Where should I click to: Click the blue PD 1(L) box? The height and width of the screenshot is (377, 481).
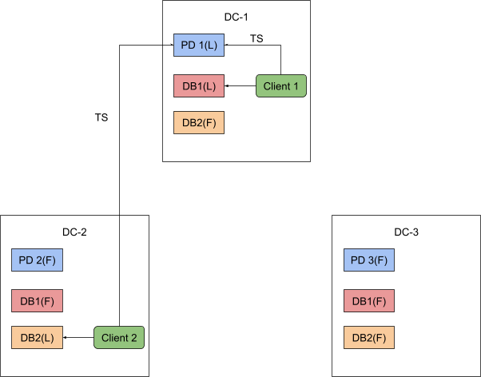pyautogui.click(x=199, y=45)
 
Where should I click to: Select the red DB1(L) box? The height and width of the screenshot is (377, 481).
pyautogui.click(x=199, y=85)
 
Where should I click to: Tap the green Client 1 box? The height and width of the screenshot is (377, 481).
pyautogui.click(x=280, y=85)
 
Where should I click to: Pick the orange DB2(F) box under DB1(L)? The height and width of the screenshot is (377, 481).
pyautogui.click(x=199, y=122)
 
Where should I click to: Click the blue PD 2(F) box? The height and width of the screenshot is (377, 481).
pyautogui.click(x=37, y=260)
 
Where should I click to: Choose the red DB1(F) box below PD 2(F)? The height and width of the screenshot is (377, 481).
pyautogui.click(x=37, y=301)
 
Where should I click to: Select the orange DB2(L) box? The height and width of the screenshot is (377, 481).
pyautogui.click(x=37, y=338)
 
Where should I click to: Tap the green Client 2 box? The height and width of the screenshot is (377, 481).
pyautogui.click(x=119, y=338)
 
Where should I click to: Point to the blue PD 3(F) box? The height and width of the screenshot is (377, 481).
pyautogui.click(x=369, y=260)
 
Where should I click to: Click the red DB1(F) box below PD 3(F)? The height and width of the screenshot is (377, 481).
pyautogui.click(x=369, y=301)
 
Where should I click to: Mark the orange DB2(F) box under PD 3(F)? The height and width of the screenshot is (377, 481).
pyautogui.click(x=369, y=338)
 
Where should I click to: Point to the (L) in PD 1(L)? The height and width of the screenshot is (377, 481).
pyautogui.click(x=210, y=45)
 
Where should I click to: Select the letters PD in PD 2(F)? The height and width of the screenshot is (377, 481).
pyautogui.click(x=26, y=260)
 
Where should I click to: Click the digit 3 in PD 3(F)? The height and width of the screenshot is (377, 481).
pyautogui.click(x=372, y=260)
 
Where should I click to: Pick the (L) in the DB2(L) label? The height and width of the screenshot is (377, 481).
pyautogui.click(x=47, y=338)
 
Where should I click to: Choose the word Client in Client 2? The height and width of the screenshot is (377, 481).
pyautogui.click(x=114, y=338)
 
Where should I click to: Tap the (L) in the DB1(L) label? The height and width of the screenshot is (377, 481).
pyautogui.click(x=209, y=85)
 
